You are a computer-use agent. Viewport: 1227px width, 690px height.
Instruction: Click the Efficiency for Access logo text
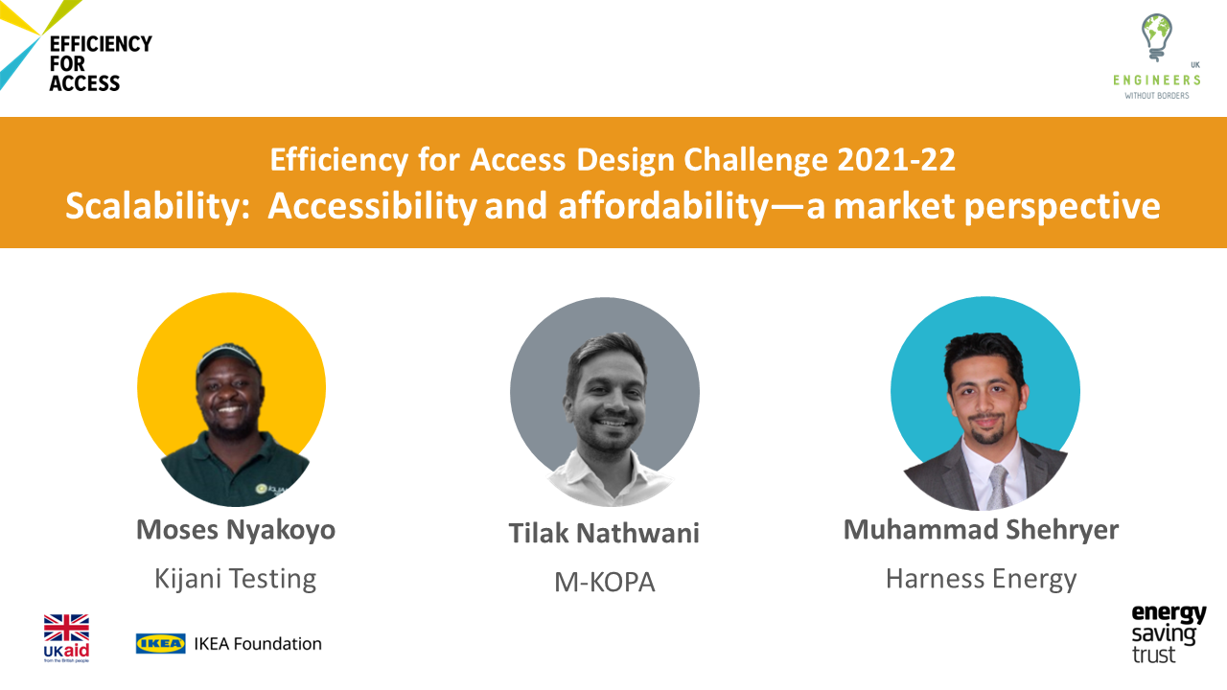click(101, 63)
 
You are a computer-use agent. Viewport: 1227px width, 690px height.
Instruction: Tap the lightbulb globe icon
click(1156, 37)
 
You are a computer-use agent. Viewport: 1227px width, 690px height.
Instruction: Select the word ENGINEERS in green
click(1156, 80)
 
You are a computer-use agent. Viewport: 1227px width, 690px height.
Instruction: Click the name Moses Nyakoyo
click(236, 530)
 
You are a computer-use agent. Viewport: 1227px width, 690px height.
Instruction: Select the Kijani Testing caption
click(236, 579)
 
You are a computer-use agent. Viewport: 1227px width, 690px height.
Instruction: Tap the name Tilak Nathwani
click(604, 534)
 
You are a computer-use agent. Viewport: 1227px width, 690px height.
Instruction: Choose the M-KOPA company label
click(604, 582)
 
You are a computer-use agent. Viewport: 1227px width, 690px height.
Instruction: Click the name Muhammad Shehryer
click(981, 530)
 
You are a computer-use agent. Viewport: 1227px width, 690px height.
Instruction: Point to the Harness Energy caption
click(981, 579)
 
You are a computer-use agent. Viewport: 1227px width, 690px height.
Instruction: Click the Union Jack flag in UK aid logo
click(66, 628)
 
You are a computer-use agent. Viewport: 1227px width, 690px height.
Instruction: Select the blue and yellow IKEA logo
click(160, 644)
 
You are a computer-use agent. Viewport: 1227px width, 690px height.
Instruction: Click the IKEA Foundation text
click(258, 644)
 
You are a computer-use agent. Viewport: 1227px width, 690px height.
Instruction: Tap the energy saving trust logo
click(1168, 634)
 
